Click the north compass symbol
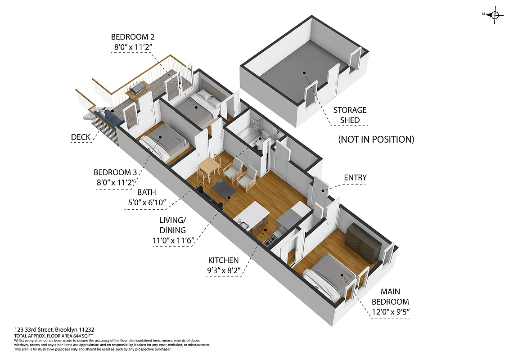coord(495,15)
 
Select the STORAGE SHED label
coord(350,115)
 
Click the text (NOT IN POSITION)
coord(376,139)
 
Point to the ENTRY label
coord(355,178)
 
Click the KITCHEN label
coord(223,260)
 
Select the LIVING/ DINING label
coord(173,225)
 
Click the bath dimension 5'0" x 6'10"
coord(147,203)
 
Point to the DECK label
coord(81,137)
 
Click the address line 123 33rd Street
coord(54,330)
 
